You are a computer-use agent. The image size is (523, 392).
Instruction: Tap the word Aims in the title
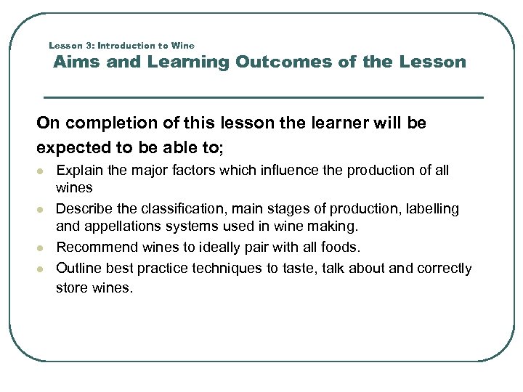[77, 62]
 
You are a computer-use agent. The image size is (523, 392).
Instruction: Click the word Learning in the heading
[188, 62]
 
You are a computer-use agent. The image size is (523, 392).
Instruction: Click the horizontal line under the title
[263, 97]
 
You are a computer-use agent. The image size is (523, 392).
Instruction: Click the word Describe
[84, 209]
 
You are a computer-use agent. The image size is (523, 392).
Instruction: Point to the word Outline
[78, 269]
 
